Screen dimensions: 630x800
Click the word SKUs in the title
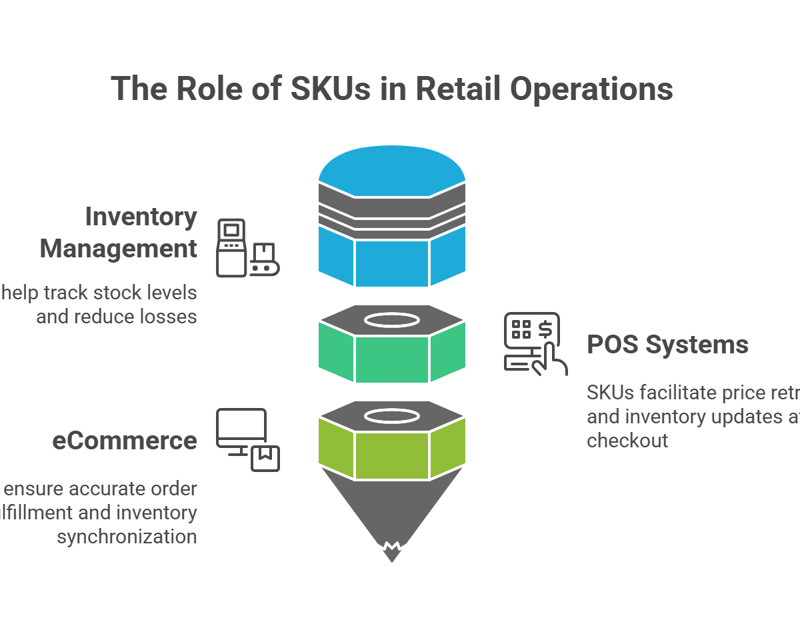[329, 89]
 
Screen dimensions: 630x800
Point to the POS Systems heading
[667, 345]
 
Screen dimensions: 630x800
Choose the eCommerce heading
[125, 441]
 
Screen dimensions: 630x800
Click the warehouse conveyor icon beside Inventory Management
[247, 247]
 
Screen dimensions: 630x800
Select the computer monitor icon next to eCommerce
[247, 439]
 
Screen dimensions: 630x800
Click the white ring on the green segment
[392, 321]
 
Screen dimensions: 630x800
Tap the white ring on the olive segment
[392, 417]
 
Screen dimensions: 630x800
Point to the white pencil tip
[392, 555]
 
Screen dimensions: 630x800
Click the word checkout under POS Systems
[627, 441]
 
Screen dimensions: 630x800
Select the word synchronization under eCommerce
[127, 537]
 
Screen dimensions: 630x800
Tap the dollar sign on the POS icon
[545, 328]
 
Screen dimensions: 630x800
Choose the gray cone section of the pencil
[392, 507]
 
